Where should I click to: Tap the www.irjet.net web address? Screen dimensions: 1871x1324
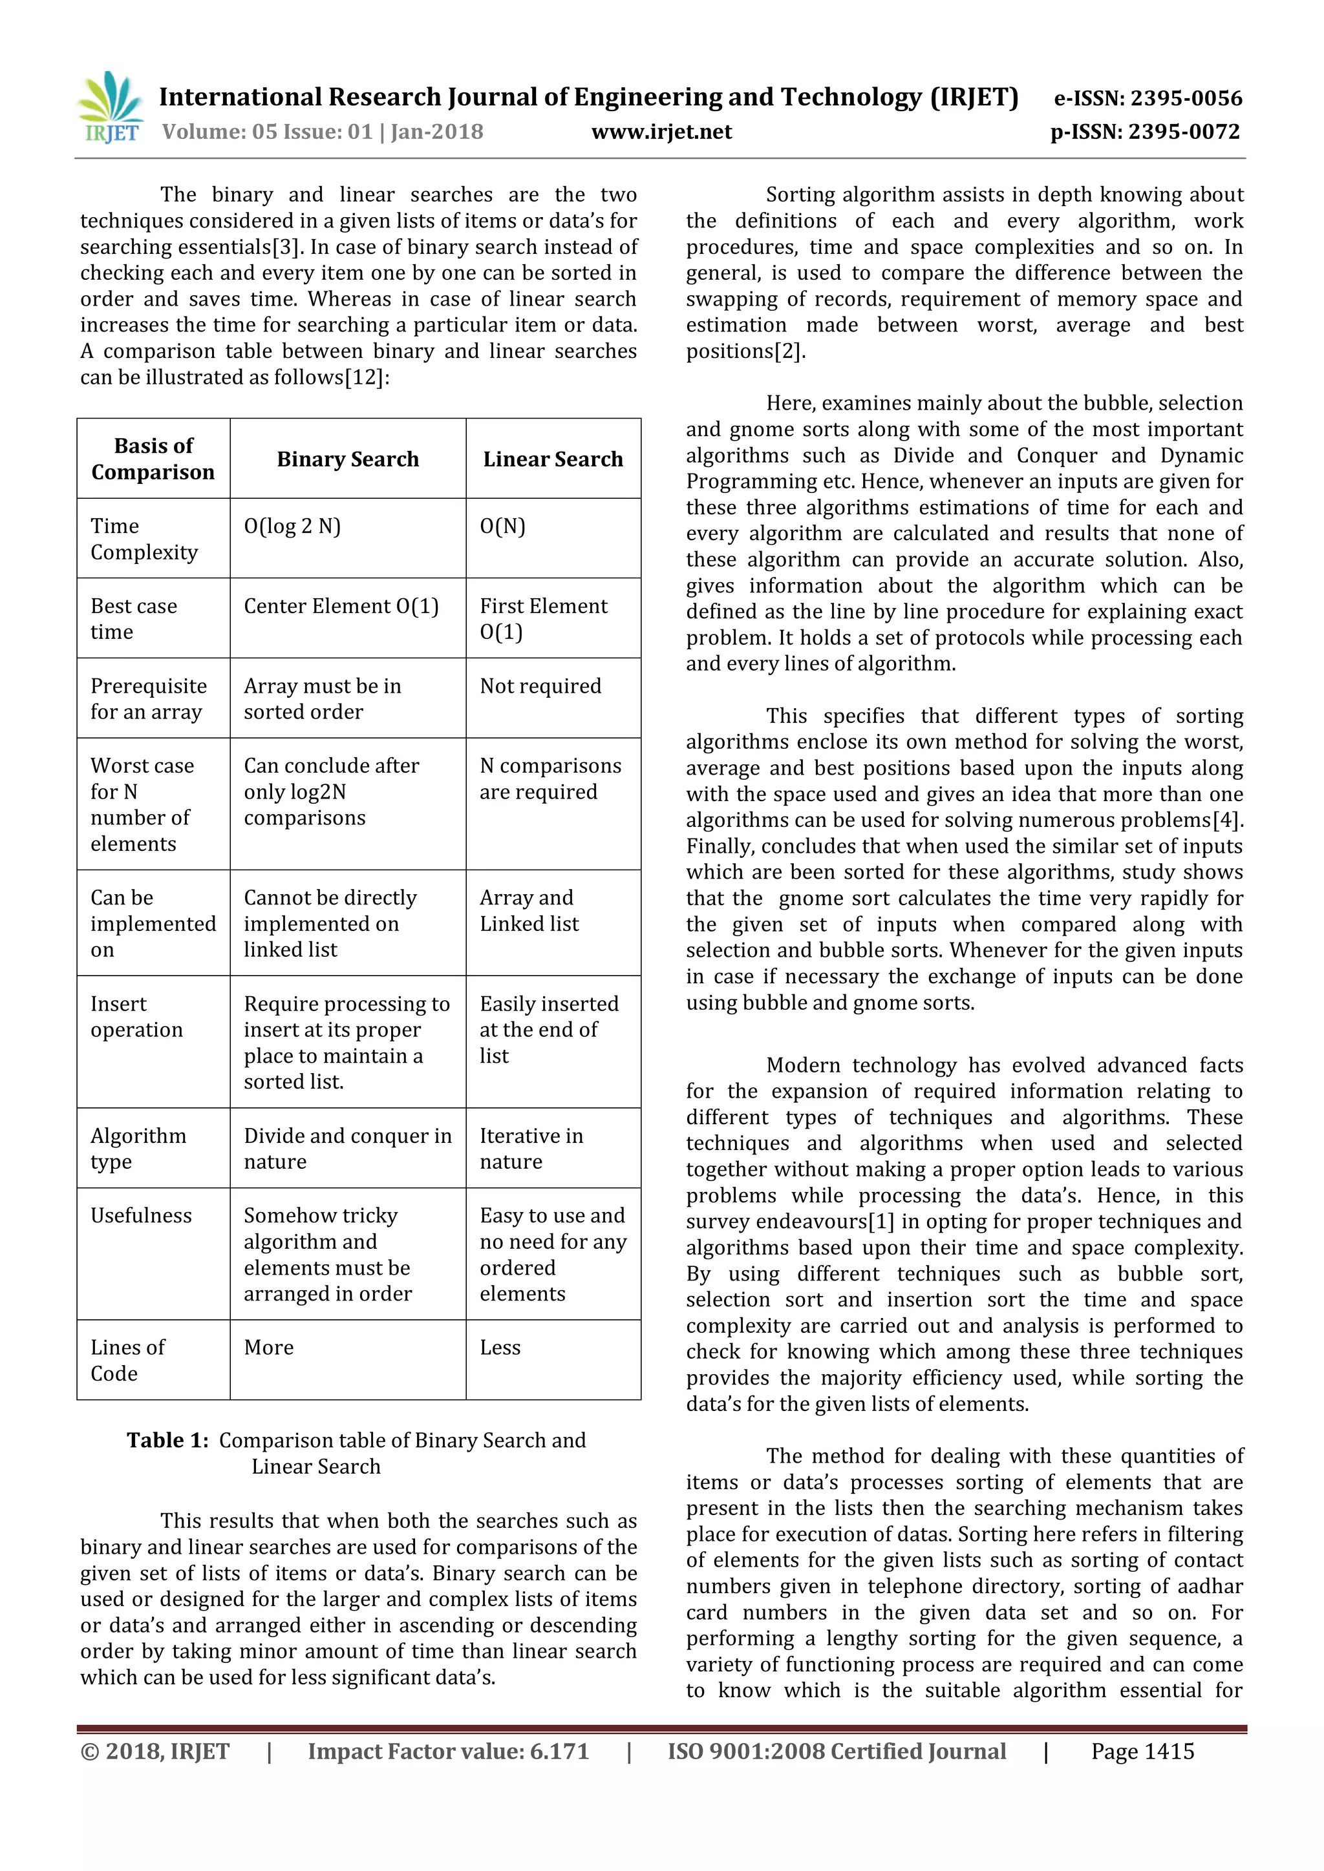(661, 132)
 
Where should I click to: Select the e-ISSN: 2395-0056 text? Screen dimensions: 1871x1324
(1148, 99)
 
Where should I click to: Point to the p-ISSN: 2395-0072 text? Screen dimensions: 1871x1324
(1145, 132)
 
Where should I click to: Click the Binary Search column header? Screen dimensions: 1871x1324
(347, 459)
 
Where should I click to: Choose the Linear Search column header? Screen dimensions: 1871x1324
(553, 459)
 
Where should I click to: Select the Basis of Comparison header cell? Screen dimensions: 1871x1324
(153, 459)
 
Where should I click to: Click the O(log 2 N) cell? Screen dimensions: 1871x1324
(292, 527)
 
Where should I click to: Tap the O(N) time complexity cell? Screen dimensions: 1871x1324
(502, 527)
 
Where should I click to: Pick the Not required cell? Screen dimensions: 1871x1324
(540, 686)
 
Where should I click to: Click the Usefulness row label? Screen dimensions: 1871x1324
(141, 1216)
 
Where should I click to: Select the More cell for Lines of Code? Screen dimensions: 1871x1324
(268, 1348)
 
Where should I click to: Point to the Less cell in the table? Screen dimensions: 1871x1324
(500, 1348)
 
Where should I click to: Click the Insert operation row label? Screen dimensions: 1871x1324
(137, 1017)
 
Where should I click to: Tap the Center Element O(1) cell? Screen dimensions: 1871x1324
(341, 606)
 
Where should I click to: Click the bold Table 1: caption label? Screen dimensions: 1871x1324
(168, 1441)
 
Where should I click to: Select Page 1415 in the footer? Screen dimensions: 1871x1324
(1142, 1752)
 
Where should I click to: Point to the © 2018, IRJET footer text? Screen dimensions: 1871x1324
(155, 1752)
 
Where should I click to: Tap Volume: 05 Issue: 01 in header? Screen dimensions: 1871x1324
(266, 132)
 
